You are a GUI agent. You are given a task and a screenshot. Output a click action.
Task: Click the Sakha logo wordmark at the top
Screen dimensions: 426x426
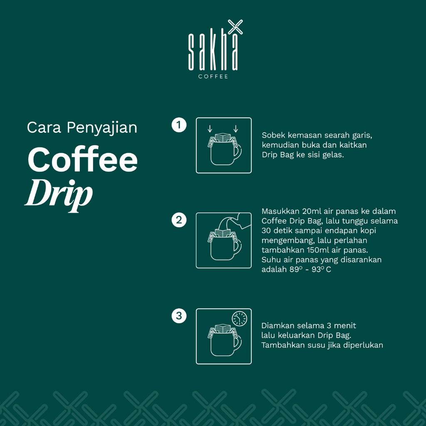click(213, 52)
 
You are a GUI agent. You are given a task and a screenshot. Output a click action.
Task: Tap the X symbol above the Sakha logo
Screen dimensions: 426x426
click(235, 27)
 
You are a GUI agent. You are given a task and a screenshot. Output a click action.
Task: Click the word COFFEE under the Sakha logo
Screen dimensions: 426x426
click(213, 77)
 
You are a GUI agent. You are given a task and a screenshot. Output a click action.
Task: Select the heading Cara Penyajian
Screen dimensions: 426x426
click(82, 127)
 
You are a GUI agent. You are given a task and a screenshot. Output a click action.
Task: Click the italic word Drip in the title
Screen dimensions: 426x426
click(59, 195)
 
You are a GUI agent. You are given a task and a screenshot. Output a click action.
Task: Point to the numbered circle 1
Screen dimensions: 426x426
click(179, 125)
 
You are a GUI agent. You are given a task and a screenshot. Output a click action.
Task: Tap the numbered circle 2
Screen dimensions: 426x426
click(179, 220)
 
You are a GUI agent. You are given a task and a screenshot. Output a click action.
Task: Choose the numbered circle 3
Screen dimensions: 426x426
click(179, 316)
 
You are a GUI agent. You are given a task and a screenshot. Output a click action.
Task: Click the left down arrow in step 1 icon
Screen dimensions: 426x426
click(210, 129)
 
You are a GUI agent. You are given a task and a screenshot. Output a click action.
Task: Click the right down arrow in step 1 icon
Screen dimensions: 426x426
click(236, 129)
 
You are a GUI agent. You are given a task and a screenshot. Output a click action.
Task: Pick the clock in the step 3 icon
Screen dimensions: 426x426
click(239, 319)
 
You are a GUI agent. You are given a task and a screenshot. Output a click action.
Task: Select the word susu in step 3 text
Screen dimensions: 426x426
click(316, 345)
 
